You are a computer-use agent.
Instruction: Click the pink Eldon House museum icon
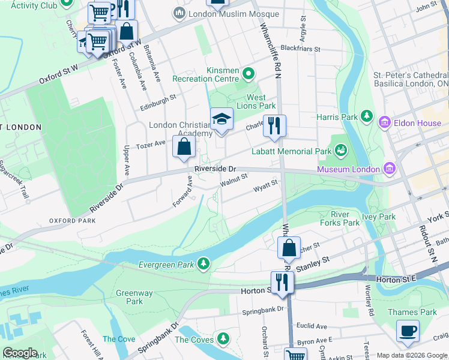(x=384, y=124)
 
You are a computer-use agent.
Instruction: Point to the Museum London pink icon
(x=390, y=169)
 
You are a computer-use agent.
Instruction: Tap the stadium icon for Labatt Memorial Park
(x=341, y=149)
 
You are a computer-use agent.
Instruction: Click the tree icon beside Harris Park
(x=366, y=116)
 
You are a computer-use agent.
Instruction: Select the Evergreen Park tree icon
(x=204, y=263)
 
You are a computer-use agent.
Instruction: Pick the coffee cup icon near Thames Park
(x=408, y=331)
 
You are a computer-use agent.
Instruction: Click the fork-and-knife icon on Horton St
(x=281, y=282)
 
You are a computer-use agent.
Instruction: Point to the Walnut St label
(x=234, y=179)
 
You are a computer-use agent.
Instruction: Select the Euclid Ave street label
(x=314, y=326)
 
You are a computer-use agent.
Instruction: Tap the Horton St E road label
(x=396, y=280)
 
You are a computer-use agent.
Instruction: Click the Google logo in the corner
(x=19, y=353)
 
